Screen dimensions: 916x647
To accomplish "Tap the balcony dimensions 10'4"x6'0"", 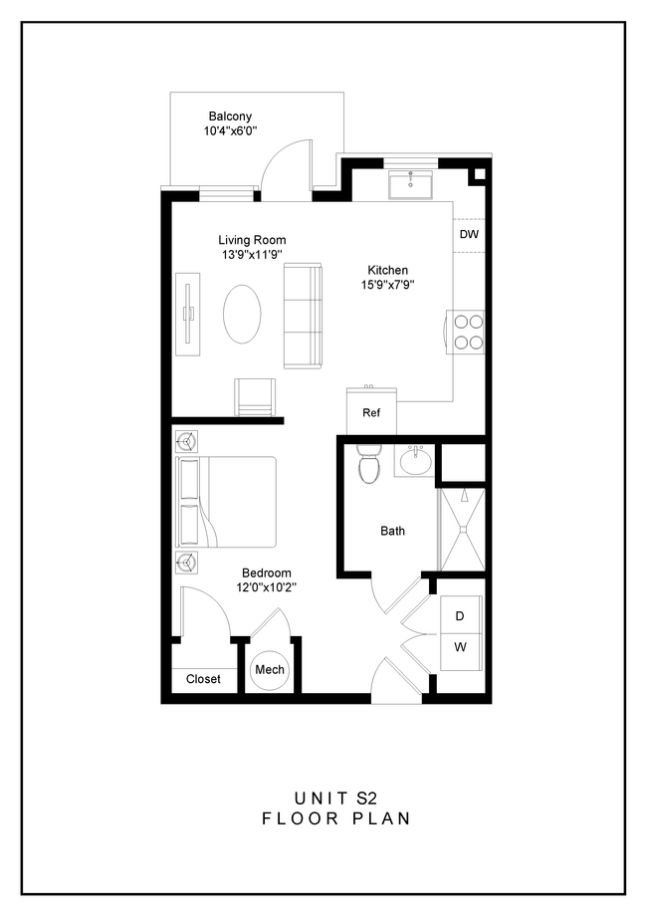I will [230, 130].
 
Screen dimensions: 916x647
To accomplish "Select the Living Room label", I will [252, 240].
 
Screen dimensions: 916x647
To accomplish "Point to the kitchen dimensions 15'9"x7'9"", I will [387, 285].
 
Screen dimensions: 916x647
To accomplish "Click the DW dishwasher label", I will [469, 235].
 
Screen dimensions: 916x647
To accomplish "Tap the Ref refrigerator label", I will [371, 412].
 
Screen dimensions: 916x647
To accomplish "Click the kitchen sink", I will [411, 184].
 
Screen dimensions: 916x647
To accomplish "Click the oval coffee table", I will [243, 315].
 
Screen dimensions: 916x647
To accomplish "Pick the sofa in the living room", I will [304, 316].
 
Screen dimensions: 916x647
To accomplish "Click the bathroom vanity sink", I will [414, 461].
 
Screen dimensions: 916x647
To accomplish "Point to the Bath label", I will [392, 531].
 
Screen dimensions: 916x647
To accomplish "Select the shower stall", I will [461, 529].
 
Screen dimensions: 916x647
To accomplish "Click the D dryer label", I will [460, 616].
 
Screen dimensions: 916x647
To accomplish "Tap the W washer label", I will [460, 647].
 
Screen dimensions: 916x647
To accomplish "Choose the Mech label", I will [270, 670].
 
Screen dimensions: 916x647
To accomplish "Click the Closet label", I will [203, 679].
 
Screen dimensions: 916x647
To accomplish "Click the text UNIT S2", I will [335, 798].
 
